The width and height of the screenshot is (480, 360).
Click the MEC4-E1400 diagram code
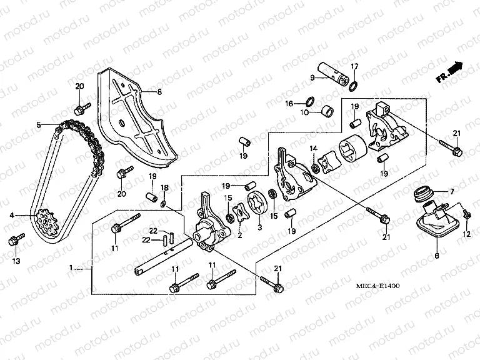[x=375, y=286]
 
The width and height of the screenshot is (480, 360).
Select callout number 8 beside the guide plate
[x=159, y=92]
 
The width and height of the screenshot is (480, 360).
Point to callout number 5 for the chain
[x=38, y=125]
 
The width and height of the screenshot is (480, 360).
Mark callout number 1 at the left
[x=72, y=267]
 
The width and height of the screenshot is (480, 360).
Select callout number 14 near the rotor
[x=314, y=148]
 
